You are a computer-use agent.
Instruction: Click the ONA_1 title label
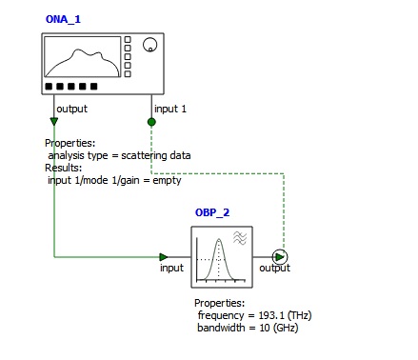[x=63, y=19]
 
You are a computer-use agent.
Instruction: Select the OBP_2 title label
[x=212, y=212]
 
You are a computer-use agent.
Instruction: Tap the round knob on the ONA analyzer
[x=149, y=45]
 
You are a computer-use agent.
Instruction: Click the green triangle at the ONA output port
[x=54, y=121]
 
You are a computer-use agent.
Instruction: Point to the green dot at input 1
[x=151, y=122]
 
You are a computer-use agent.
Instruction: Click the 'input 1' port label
[x=170, y=109]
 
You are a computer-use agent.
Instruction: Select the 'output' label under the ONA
[x=71, y=109]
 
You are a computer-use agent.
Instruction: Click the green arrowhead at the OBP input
[x=164, y=257]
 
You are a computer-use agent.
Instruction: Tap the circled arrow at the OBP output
[x=280, y=257]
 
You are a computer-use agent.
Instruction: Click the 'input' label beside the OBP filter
[x=171, y=268]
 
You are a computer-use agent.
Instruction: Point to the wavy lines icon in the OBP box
[x=240, y=238]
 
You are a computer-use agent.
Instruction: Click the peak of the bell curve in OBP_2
[x=219, y=239]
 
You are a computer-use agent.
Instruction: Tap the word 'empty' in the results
[x=167, y=180]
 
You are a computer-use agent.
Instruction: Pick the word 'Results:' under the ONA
[x=64, y=168]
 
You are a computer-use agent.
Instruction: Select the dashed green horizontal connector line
[x=218, y=173]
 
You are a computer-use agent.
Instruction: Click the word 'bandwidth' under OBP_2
[x=221, y=328]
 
